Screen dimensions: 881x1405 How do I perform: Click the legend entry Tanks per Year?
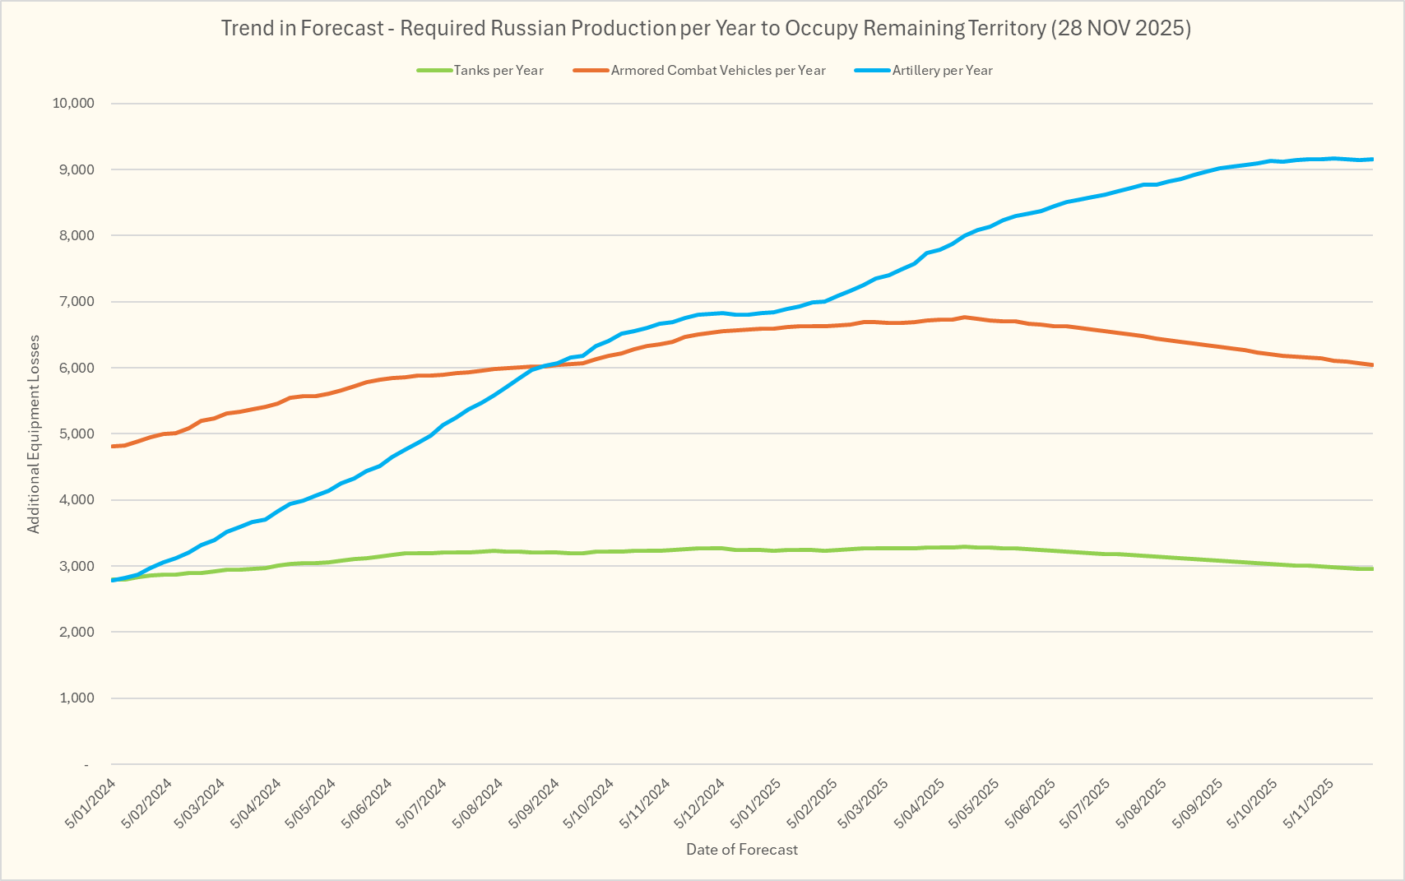[498, 71]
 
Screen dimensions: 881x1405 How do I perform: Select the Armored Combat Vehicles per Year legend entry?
[717, 71]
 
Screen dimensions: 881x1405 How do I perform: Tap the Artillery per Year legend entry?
[942, 71]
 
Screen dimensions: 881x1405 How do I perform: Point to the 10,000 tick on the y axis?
[73, 104]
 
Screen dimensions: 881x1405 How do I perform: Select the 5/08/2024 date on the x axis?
[479, 803]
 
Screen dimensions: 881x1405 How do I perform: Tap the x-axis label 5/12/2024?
[700, 803]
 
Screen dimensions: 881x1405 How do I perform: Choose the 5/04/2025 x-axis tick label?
[920, 803]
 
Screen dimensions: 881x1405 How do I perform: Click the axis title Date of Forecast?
[742, 850]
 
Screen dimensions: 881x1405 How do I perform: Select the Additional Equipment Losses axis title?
[34, 434]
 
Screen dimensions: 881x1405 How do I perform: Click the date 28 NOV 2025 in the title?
[1121, 28]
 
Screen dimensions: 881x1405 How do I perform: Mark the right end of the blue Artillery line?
[1372, 160]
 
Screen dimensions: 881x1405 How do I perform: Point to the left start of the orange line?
[112, 446]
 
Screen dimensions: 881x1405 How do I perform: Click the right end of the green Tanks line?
[1372, 568]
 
